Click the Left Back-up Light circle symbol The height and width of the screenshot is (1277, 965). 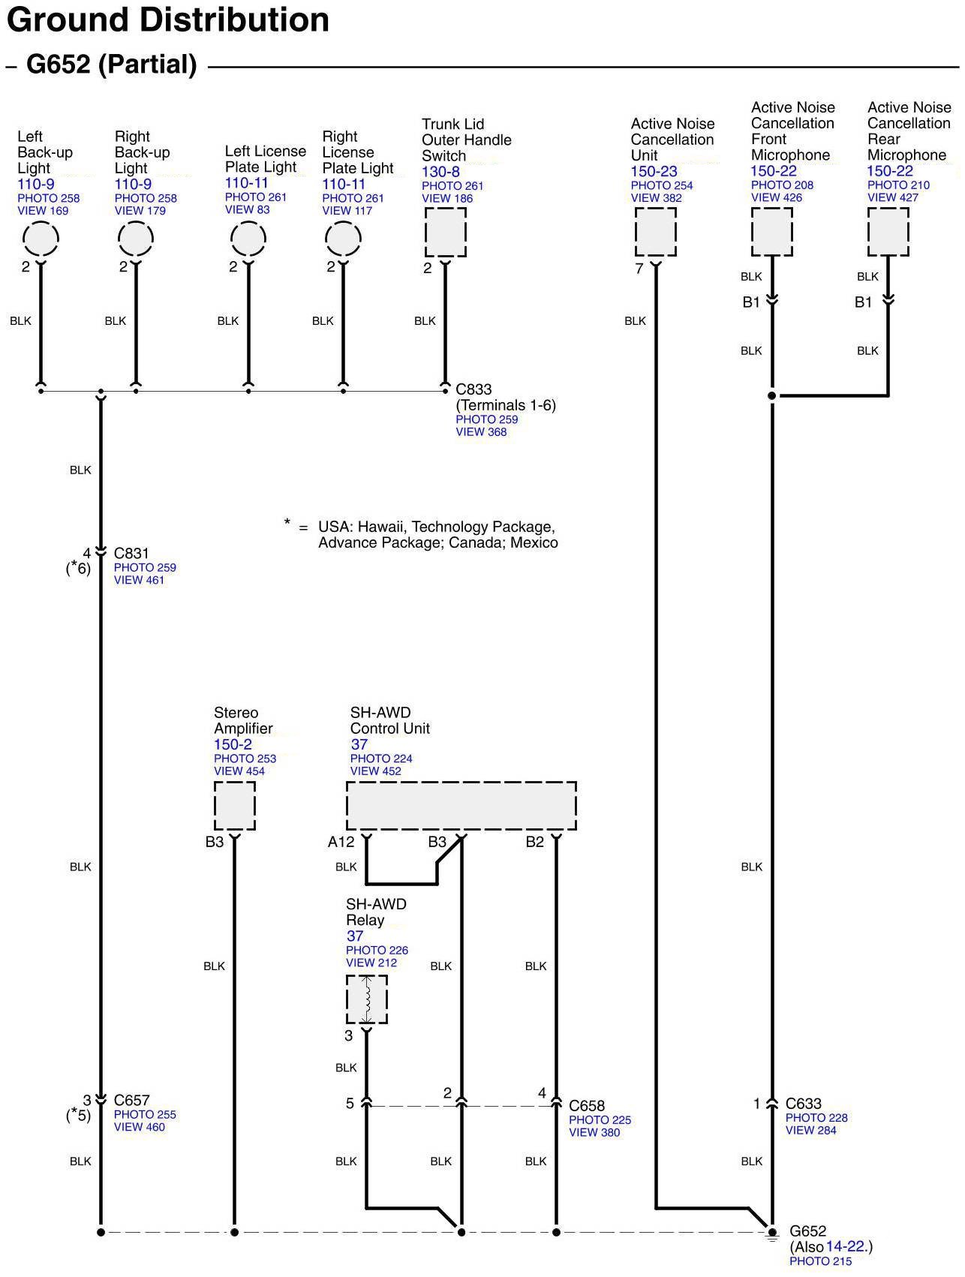pyautogui.click(x=41, y=239)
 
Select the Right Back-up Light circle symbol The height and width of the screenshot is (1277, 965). pyautogui.click(x=136, y=239)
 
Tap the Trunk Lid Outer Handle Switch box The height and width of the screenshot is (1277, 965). pyautogui.click(x=446, y=232)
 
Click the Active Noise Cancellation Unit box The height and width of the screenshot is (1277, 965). pyautogui.click(x=655, y=232)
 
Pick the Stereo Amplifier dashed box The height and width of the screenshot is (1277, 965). pyautogui.click(x=235, y=806)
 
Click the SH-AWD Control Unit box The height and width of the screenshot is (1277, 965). pyautogui.click(x=461, y=806)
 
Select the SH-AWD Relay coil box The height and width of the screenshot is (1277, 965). pyautogui.click(x=367, y=999)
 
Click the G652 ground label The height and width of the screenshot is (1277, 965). pyautogui.click(x=807, y=1231)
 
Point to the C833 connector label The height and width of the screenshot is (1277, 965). pyautogui.click(x=473, y=389)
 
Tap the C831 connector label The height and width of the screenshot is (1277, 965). pyautogui.click(x=131, y=554)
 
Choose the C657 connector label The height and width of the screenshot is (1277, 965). pyautogui.click(x=131, y=1101)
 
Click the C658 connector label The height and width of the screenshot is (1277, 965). pyautogui.click(x=587, y=1106)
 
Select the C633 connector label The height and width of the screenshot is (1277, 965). pyautogui.click(x=803, y=1104)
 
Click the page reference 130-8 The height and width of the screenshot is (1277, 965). pyautogui.click(x=440, y=172)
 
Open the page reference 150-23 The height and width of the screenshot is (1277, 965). pyautogui.click(x=654, y=171)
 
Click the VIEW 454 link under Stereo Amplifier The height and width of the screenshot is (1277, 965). pyautogui.click(x=239, y=771)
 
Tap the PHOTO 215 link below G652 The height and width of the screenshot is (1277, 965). pyautogui.click(x=820, y=1261)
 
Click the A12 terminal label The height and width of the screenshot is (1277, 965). pyautogui.click(x=341, y=842)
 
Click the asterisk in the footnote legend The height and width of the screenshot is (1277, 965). pyautogui.click(x=287, y=523)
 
